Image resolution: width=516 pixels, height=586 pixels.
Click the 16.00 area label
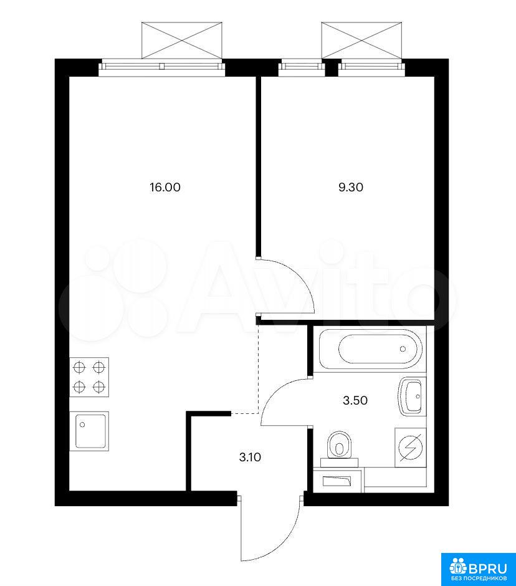point(165,187)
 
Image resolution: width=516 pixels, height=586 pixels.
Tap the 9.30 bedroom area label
point(351,187)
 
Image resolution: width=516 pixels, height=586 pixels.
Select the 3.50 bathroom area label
point(355,401)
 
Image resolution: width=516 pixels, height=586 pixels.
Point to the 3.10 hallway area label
point(250,457)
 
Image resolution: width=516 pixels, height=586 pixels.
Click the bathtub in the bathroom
point(371,348)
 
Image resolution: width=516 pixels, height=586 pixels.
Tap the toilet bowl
point(339,446)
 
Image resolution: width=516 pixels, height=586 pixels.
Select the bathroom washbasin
point(413,396)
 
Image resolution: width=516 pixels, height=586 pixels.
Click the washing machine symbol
point(411,448)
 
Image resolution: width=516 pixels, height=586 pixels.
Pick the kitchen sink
point(89,431)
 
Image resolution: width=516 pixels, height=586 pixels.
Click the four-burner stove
point(89,377)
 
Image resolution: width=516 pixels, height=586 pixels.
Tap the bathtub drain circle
point(403,348)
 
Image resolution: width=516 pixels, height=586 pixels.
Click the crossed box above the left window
point(182,41)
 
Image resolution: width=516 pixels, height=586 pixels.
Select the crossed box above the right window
point(362,41)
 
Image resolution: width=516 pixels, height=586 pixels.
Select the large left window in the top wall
point(163,67)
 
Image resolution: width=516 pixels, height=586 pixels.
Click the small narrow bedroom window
point(302,67)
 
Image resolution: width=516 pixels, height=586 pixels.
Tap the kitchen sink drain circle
point(82,425)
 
